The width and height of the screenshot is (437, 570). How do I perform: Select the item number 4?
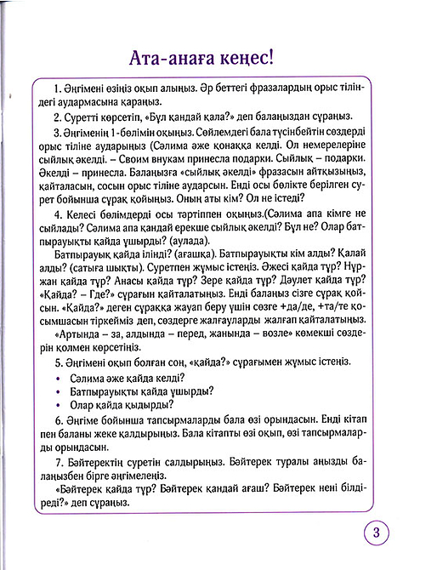55,215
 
